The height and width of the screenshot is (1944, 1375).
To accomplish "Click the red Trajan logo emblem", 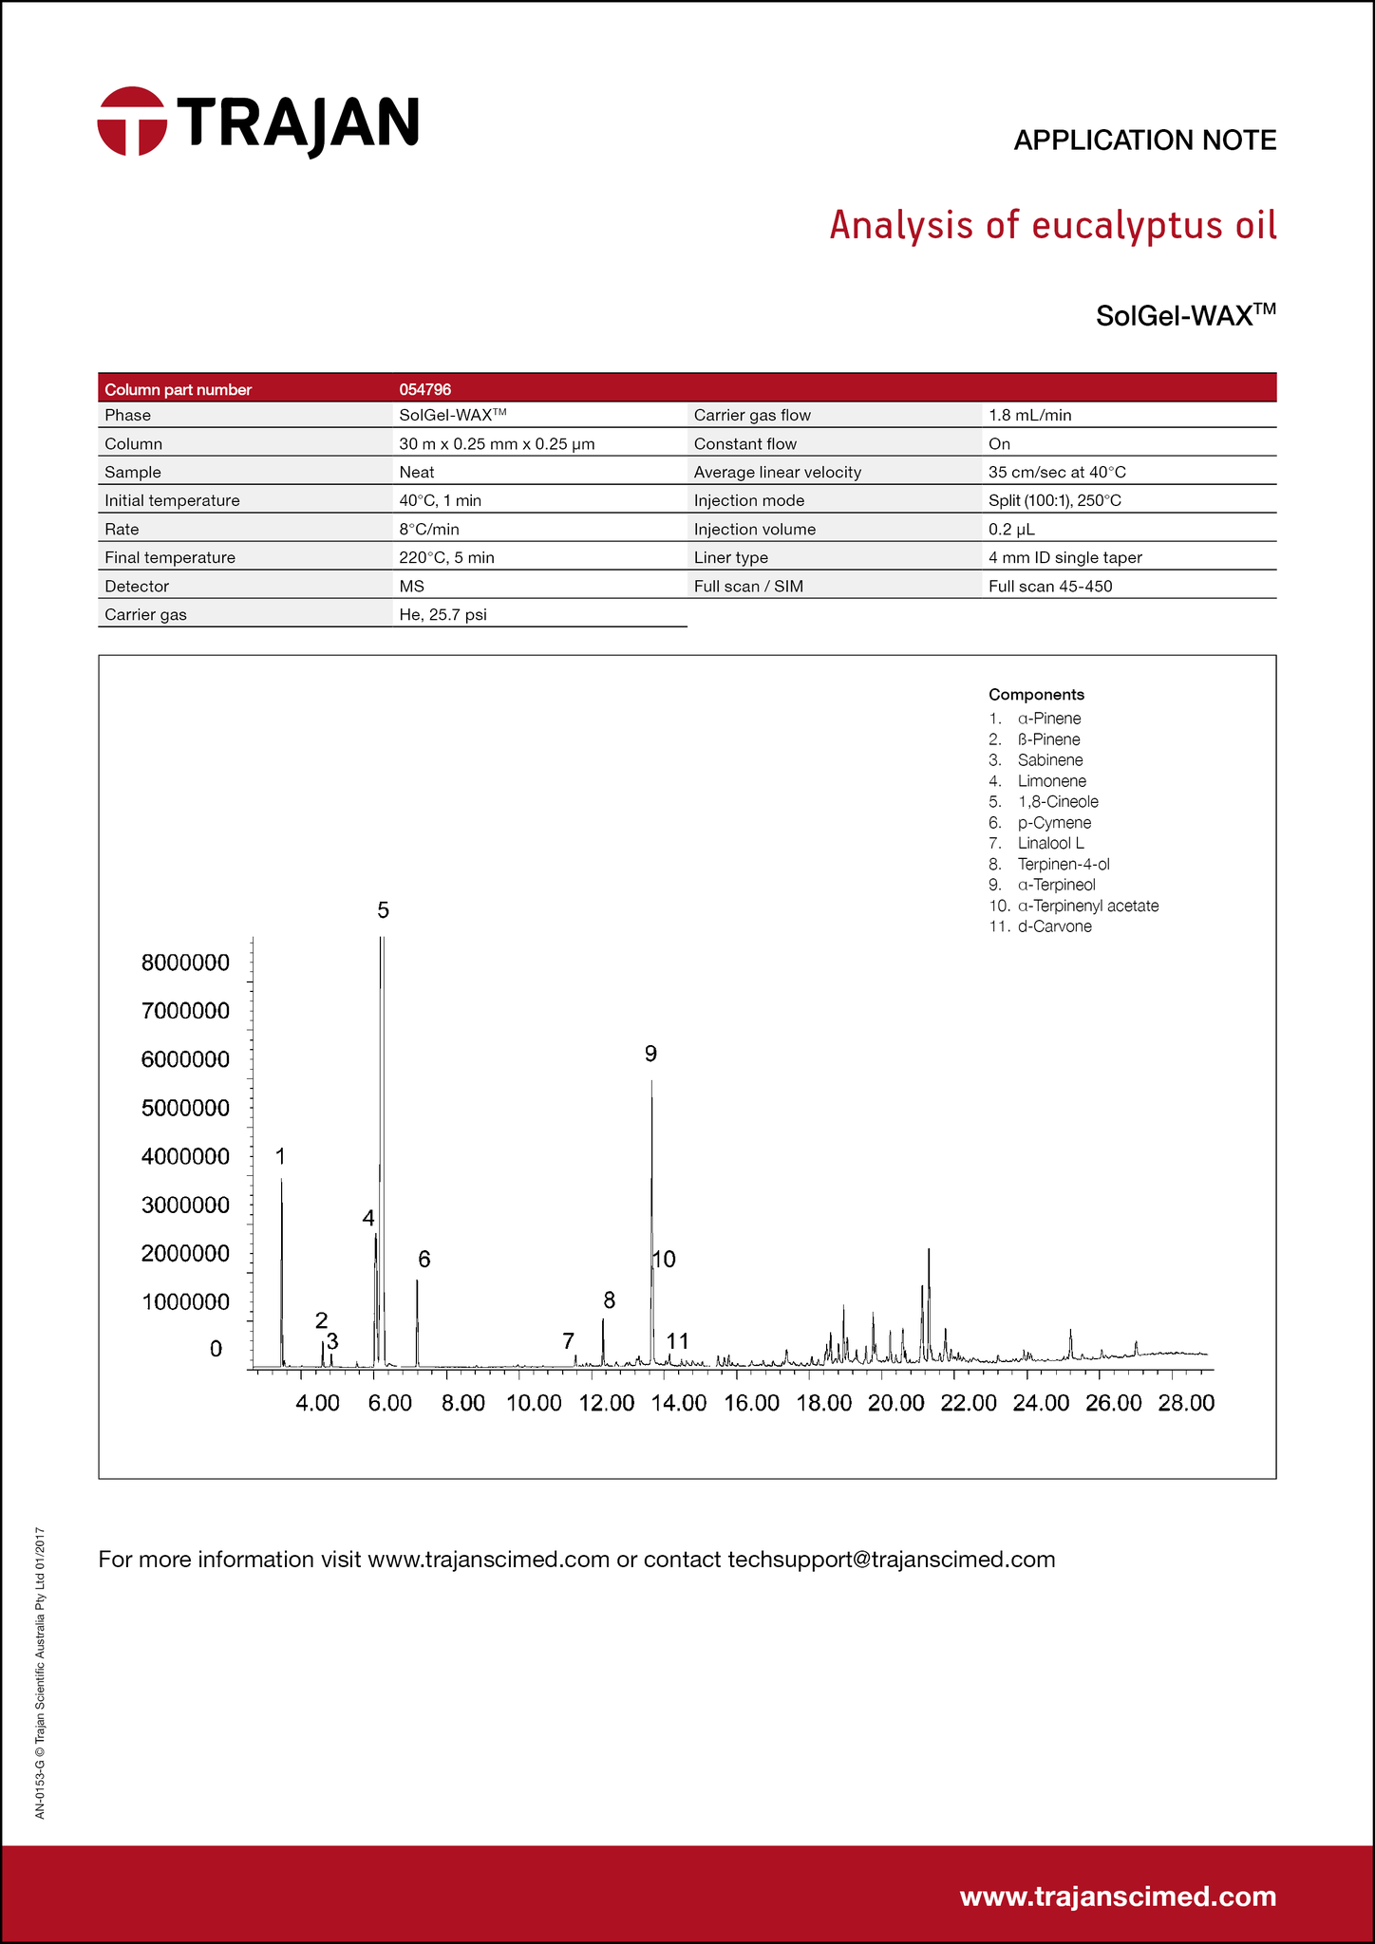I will point(132,121).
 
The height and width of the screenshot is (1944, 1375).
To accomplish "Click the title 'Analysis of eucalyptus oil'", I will point(1052,226).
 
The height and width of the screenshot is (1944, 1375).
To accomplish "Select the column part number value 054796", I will point(424,389).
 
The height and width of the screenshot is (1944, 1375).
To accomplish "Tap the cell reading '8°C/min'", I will point(429,530).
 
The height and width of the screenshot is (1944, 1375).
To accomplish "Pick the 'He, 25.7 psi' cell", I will point(443,615).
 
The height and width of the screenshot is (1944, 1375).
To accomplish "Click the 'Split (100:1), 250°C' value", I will point(1054,501).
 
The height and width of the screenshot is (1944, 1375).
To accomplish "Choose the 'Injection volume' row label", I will point(754,530).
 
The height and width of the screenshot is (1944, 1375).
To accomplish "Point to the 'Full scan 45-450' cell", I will point(1049,587).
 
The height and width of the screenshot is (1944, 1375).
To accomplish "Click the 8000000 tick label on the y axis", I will point(185,963).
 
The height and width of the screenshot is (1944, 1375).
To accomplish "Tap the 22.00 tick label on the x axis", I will point(968,1403).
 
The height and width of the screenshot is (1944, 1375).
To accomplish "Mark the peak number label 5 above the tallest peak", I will point(383,910).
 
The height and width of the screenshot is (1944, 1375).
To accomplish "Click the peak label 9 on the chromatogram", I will point(650,1053).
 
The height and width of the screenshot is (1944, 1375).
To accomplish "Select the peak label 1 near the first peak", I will point(280,1156).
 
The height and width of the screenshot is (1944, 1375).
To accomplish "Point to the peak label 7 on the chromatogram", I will point(568,1341).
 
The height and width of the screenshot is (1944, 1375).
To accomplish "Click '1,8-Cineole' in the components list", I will point(1057,802).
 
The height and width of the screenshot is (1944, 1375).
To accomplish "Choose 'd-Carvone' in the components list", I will point(1054,926).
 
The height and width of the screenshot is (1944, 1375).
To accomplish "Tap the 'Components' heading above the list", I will point(1036,695).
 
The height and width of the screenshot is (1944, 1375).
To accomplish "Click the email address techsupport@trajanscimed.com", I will point(891,1560).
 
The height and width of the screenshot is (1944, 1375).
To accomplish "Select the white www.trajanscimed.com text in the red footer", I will point(1118,1897).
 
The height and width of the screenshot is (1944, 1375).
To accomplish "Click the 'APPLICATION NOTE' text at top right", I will point(1144,140).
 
